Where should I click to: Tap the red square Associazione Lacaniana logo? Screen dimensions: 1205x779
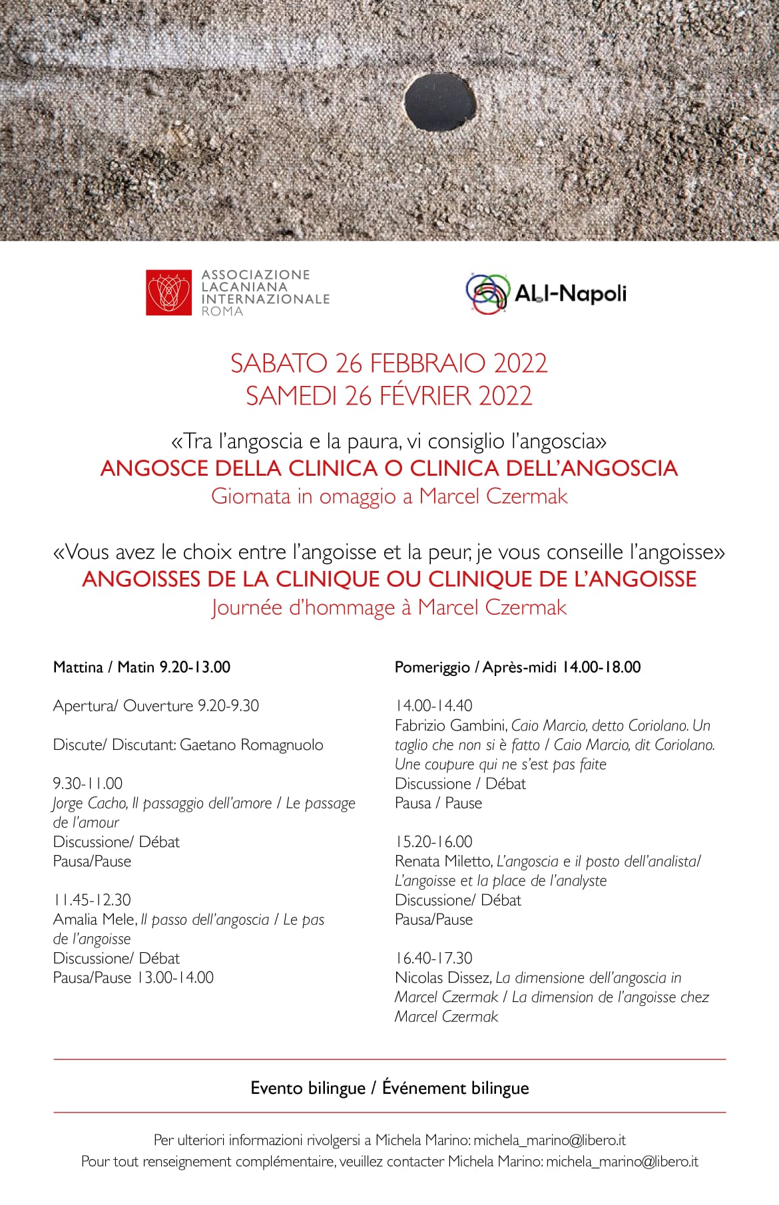(x=169, y=292)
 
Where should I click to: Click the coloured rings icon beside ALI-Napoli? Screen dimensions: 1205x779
(x=487, y=293)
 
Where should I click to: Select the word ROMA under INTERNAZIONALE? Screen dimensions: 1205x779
(x=222, y=311)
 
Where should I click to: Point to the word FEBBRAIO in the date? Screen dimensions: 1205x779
(x=427, y=363)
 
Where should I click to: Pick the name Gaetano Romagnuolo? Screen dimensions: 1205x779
(x=252, y=745)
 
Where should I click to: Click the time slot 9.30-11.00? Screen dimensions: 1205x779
(x=88, y=783)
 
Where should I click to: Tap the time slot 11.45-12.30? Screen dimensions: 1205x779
(x=91, y=900)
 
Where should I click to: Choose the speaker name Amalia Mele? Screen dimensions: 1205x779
(x=95, y=920)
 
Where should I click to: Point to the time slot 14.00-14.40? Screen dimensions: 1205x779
(x=433, y=705)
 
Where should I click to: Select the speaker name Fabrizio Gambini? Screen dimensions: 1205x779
(x=450, y=725)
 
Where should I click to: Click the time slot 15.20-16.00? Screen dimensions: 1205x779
(x=433, y=841)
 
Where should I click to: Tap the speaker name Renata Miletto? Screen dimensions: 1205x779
(x=442, y=861)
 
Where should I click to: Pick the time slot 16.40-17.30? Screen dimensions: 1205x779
(x=433, y=958)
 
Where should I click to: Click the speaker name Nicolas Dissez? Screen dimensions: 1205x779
(x=443, y=977)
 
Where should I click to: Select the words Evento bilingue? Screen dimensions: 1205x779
(x=308, y=1088)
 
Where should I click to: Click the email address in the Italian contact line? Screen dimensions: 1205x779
(x=549, y=1140)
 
